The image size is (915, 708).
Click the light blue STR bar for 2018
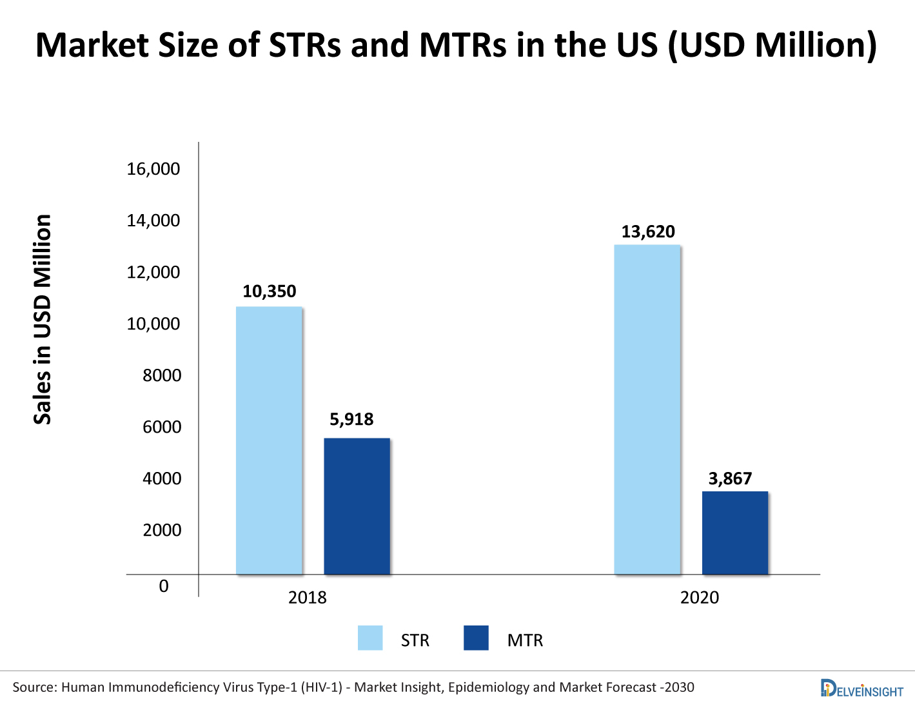269,440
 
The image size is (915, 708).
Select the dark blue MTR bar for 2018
357,506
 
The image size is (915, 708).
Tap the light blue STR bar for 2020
647,409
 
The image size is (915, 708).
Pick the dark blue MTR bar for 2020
735,533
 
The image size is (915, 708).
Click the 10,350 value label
270,291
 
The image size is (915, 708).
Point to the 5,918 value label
351,420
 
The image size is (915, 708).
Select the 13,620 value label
648,232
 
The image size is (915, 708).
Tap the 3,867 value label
730,478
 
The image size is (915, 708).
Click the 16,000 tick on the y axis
153,169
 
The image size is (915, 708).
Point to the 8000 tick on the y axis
162,375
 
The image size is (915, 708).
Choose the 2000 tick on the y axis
162,530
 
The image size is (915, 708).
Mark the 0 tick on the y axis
164,586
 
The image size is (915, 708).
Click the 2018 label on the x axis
308,598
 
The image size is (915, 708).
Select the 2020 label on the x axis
700,598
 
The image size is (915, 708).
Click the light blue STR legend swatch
370,638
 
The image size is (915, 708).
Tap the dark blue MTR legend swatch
476,638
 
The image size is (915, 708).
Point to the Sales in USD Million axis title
43,319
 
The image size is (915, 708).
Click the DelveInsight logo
861,688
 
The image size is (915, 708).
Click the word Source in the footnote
34,687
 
